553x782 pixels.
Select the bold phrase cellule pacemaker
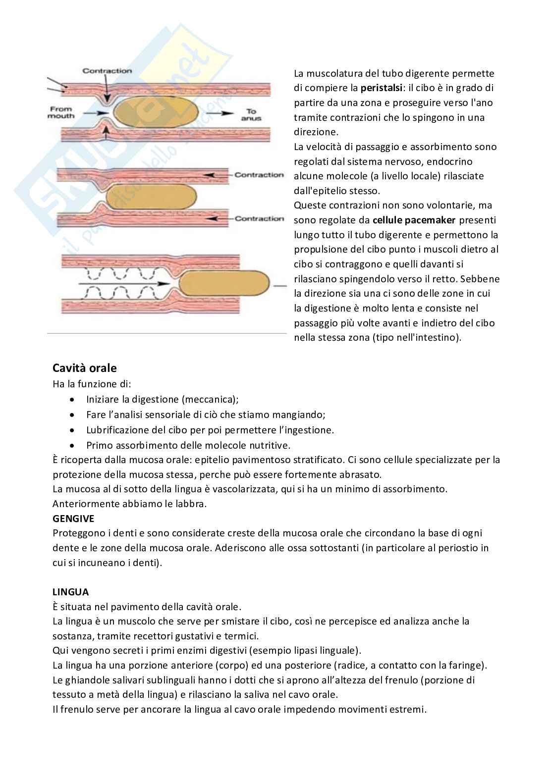(x=414, y=220)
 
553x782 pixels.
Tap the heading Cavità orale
(x=85, y=368)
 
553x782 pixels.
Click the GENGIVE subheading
(x=73, y=519)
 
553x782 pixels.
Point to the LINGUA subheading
(x=71, y=592)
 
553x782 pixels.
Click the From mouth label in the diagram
(x=60, y=112)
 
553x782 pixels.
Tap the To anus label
(x=251, y=115)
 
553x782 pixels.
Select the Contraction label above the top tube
(x=107, y=71)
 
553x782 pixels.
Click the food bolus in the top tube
(x=155, y=113)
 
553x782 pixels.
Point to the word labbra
(x=191, y=504)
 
